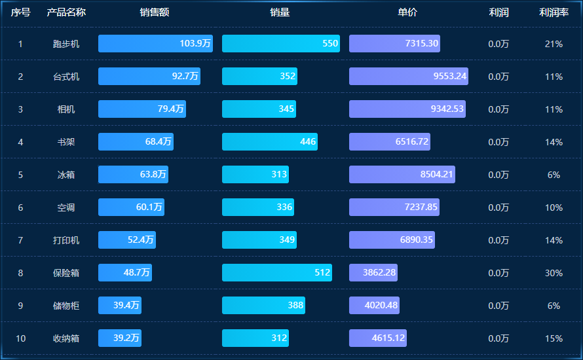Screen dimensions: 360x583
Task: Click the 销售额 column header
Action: pyautogui.click(x=155, y=12)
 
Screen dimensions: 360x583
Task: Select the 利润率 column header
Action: pyautogui.click(x=554, y=12)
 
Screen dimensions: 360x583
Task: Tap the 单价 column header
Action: pyautogui.click(x=407, y=12)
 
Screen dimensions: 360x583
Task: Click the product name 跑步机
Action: pyautogui.click(x=66, y=44)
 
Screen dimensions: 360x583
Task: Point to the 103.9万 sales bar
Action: pyautogui.click(x=155, y=44)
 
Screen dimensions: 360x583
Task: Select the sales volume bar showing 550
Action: pyautogui.click(x=280, y=44)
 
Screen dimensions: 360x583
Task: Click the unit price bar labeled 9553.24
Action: pyautogui.click(x=408, y=77)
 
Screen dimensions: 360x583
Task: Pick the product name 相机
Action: pyautogui.click(x=66, y=109)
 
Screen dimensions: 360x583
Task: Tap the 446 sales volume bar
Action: pyautogui.click(x=269, y=142)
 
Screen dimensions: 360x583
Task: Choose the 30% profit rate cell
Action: pyautogui.click(x=554, y=273)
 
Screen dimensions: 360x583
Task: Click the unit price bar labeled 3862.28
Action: pyautogui.click(x=373, y=273)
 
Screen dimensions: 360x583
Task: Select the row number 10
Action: pyautogui.click(x=20, y=338)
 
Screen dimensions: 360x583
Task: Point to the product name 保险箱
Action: pyautogui.click(x=66, y=273)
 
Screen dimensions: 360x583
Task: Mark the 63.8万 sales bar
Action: pyautogui.click(x=133, y=175)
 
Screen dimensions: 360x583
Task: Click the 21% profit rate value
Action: pyautogui.click(x=554, y=44)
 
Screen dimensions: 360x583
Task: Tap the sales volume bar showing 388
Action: pyautogui.click(x=263, y=306)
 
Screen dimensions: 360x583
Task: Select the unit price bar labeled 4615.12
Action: pyautogui.click(x=378, y=338)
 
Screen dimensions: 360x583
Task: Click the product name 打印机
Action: pyautogui.click(x=66, y=240)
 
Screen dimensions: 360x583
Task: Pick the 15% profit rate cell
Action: pyautogui.click(x=554, y=338)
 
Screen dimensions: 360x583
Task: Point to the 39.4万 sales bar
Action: pyautogui.click(x=119, y=306)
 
